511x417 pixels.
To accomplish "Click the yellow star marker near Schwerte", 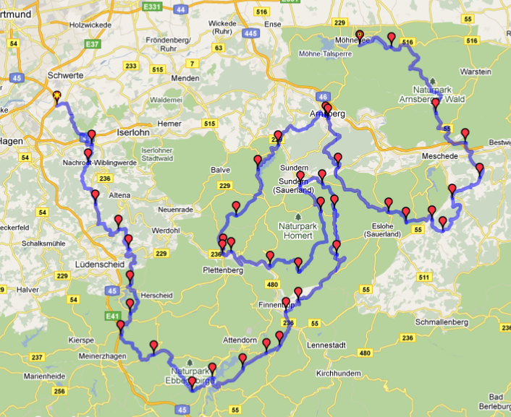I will tap(56, 94).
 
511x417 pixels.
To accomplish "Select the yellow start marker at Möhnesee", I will tap(360, 33).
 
